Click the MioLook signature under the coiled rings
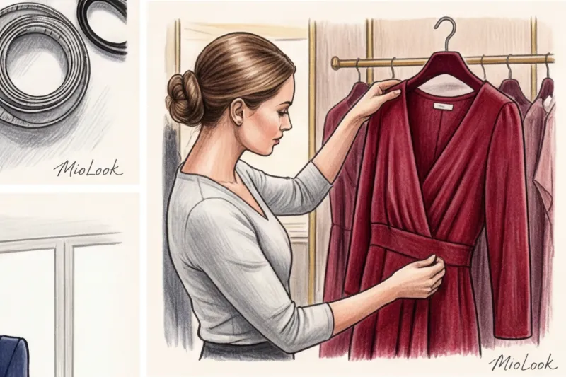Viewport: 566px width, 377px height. point(88,168)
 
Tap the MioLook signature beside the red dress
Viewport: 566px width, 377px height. point(523,364)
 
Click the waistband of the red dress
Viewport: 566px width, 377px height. point(422,246)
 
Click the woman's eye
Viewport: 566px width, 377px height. point(280,112)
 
